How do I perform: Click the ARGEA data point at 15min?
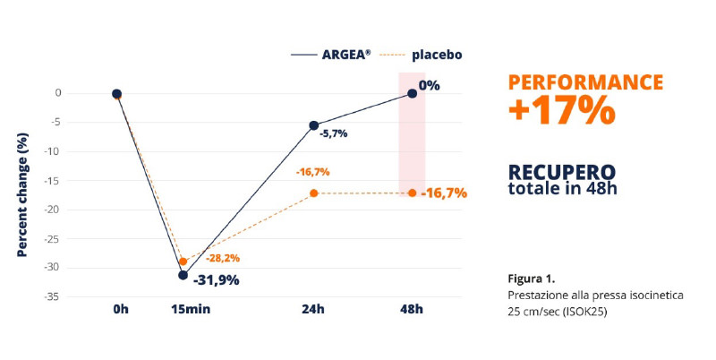(x=183, y=275)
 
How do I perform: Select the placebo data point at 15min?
(x=183, y=261)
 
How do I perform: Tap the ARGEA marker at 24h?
(x=314, y=125)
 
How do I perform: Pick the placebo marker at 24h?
(x=314, y=193)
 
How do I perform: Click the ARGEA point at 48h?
(x=413, y=94)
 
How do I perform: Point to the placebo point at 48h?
(x=413, y=193)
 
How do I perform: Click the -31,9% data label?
(x=216, y=280)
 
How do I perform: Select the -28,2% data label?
(x=222, y=259)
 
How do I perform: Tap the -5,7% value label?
(x=333, y=133)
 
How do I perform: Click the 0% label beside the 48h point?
(x=430, y=85)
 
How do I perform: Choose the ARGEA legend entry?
(x=331, y=55)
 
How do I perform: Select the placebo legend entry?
(x=421, y=55)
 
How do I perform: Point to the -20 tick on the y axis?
(x=53, y=210)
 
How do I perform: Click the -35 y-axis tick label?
(x=53, y=297)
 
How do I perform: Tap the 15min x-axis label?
(x=191, y=309)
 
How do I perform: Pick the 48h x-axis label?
(x=412, y=309)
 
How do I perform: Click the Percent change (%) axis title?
(x=21, y=194)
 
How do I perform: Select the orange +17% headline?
(x=562, y=110)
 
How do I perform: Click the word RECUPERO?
(x=562, y=172)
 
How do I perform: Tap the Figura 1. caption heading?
(x=532, y=279)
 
